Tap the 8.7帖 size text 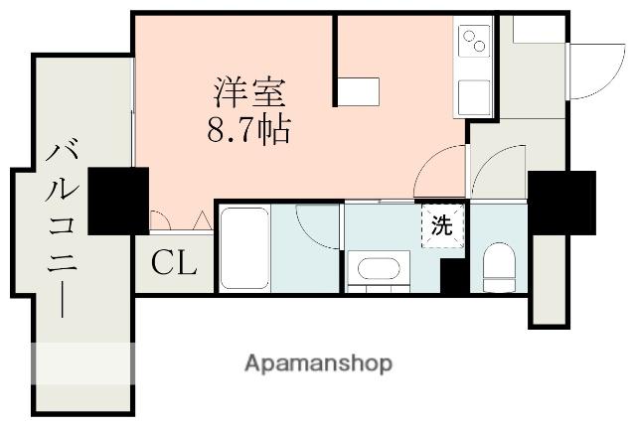click(x=247, y=129)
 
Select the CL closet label click(x=174, y=264)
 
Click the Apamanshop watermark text click(x=318, y=363)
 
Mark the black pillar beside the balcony click(x=117, y=201)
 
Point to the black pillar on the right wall click(x=561, y=202)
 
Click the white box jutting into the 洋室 click(x=357, y=91)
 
